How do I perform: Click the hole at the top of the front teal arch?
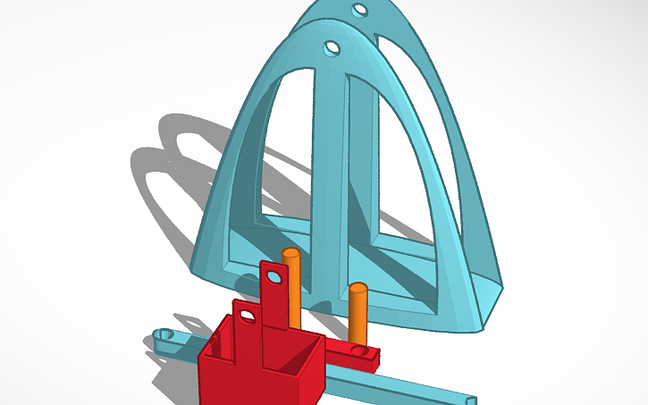[x=332, y=46]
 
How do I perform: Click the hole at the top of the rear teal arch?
[x=359, y=11]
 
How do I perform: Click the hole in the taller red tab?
[x=273, y=279]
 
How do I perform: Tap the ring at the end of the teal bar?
[x=164, y=335]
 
